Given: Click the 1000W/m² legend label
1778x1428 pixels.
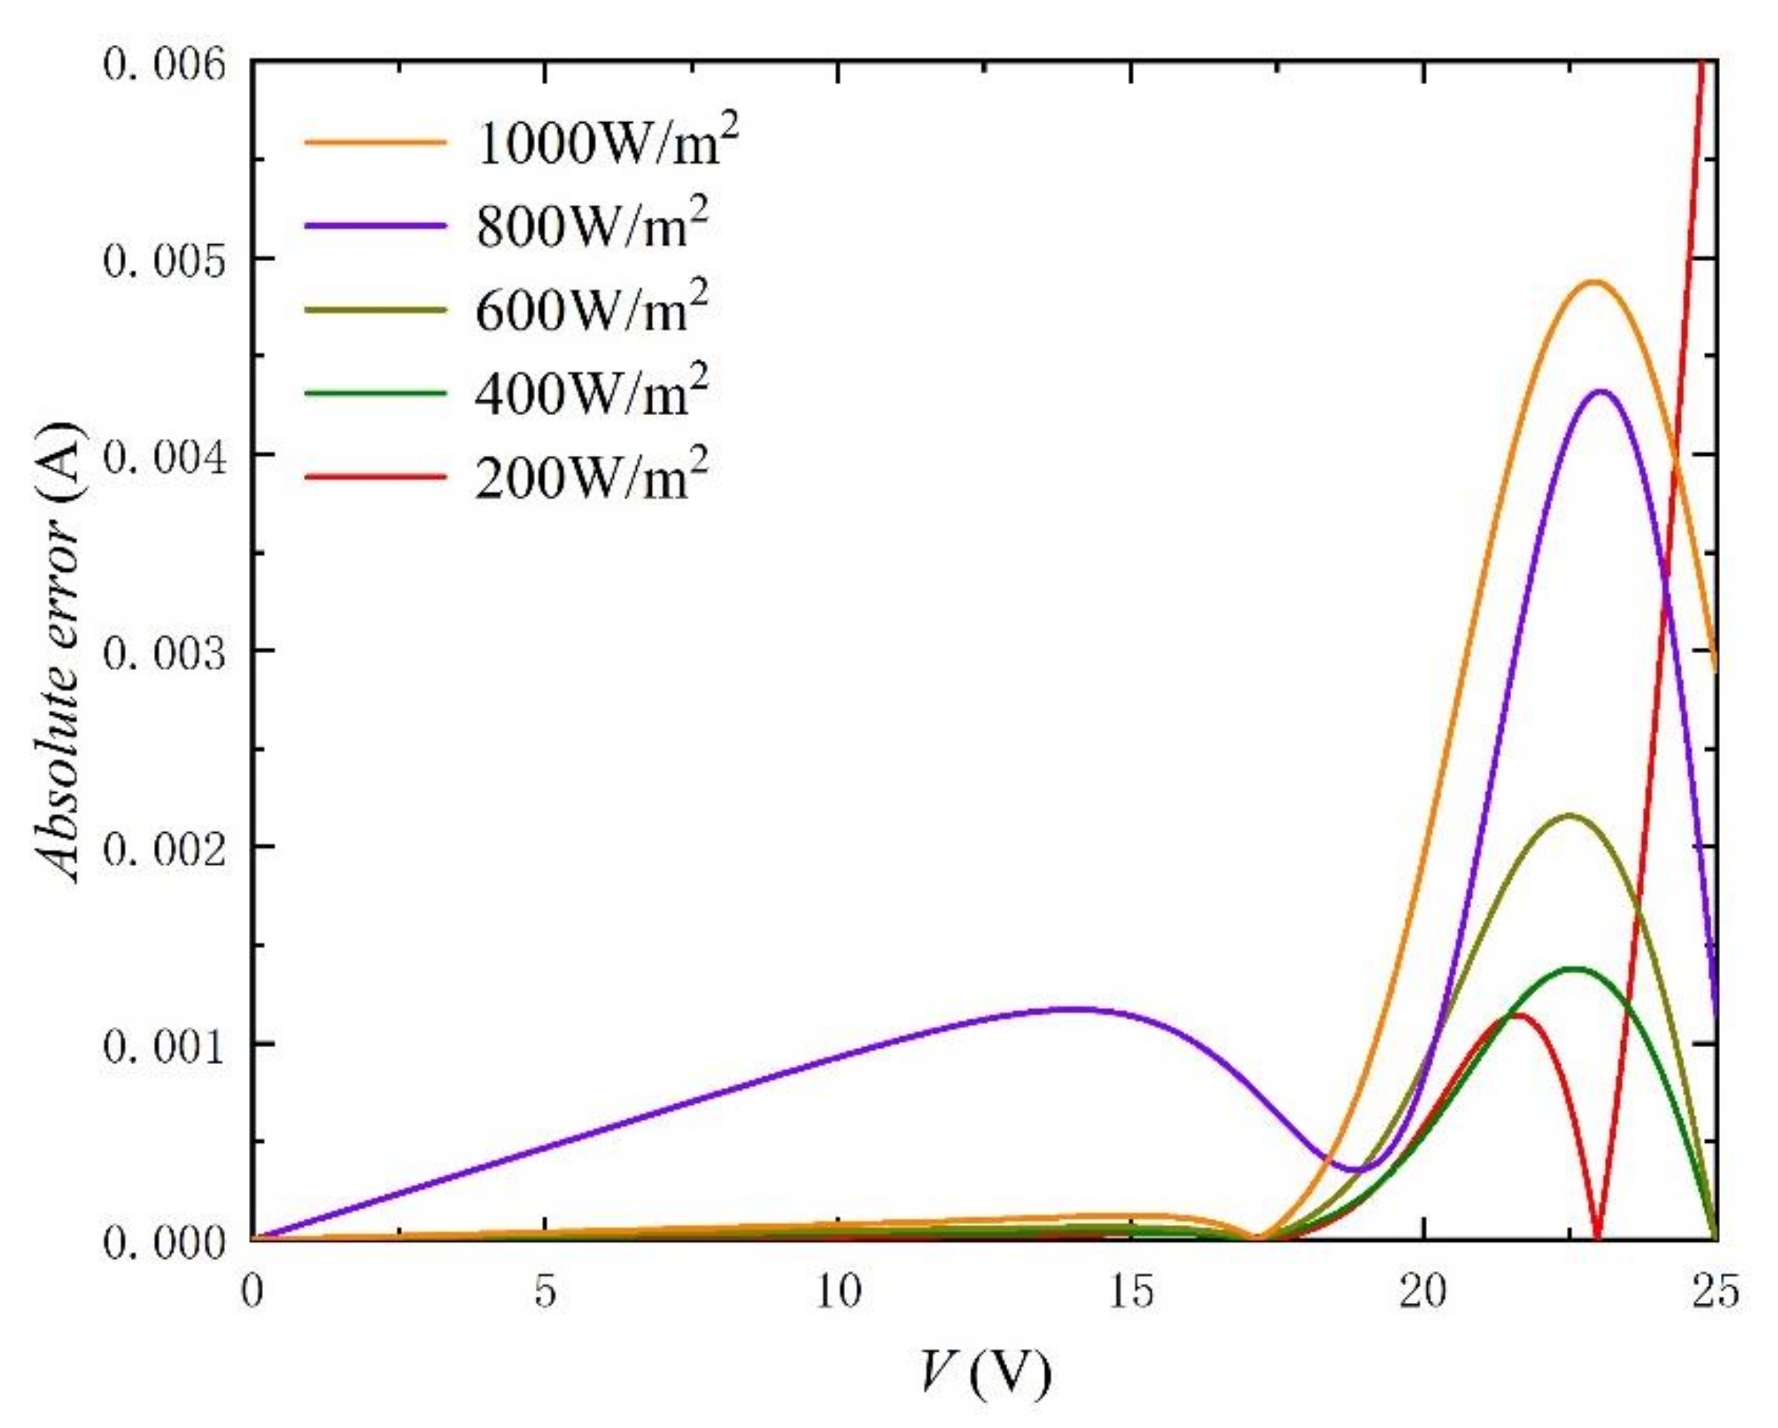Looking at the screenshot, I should (606, 142).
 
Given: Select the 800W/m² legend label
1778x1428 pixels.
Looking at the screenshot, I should (591, 226).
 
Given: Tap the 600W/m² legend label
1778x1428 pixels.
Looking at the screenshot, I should (591, 310).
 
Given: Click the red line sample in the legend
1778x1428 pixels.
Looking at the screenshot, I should (375, 478).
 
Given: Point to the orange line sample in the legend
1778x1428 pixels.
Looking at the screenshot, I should (375, 142).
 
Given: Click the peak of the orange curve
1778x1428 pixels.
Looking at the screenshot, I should (1594, 283).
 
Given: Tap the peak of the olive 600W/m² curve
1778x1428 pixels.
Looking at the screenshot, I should (1570, 816).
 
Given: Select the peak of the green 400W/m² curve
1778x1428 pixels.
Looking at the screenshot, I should (1575, 969).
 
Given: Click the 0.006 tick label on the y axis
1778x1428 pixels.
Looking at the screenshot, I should (164, 63).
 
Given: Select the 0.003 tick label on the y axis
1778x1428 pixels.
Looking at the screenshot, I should (164, 651).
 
